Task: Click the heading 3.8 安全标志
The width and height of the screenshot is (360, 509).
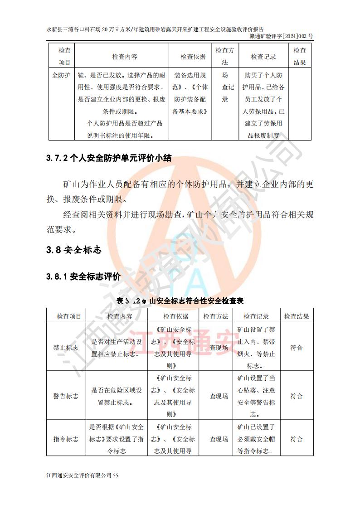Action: pos(73,250)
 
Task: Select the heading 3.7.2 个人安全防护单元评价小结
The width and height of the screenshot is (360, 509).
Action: pos(109,159)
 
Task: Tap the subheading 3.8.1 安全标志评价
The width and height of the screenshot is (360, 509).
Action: pos(83,276)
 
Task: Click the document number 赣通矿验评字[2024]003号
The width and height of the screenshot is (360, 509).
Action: pos(281,36)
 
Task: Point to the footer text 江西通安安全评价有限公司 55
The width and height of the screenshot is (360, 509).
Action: pos(82,475)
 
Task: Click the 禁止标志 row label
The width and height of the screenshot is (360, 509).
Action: pos(66,348)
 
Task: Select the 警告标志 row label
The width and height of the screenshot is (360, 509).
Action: pos(66,396)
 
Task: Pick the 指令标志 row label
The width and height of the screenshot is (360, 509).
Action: pos(66,439)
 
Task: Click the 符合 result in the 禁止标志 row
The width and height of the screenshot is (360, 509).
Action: pos(297,348)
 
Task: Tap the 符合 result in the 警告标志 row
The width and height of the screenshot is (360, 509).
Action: pos(297,396)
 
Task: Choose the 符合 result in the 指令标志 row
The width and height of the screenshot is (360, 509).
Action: pos(297,439)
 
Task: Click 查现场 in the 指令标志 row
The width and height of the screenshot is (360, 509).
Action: pos(219,439)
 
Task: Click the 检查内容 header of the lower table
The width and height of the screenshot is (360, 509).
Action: pos(120,316)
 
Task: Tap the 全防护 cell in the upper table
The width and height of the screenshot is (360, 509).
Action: pos(61,75)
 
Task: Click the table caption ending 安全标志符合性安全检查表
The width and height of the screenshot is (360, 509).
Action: pos(180,301)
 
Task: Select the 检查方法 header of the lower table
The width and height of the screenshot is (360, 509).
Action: pos(216,316)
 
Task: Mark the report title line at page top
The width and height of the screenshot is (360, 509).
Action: pos(155,29)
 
